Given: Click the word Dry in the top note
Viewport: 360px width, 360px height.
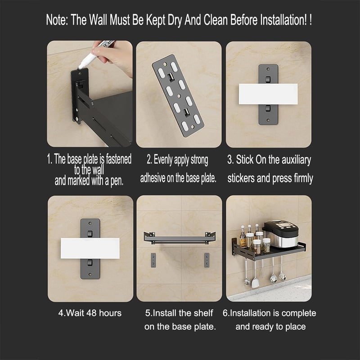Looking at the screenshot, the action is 175,20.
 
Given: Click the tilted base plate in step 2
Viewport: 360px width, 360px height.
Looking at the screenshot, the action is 178,95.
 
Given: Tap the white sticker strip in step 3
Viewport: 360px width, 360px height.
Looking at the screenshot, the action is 268,94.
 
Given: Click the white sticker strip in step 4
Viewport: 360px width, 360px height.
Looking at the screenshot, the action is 90,248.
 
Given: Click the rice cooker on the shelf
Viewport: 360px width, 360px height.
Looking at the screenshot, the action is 280,234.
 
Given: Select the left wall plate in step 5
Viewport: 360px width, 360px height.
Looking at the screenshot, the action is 153,260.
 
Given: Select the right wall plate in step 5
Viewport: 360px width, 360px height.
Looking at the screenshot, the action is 207,260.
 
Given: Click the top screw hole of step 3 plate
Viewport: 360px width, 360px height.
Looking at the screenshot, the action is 268,69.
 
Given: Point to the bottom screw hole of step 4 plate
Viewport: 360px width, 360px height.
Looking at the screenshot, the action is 90,274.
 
